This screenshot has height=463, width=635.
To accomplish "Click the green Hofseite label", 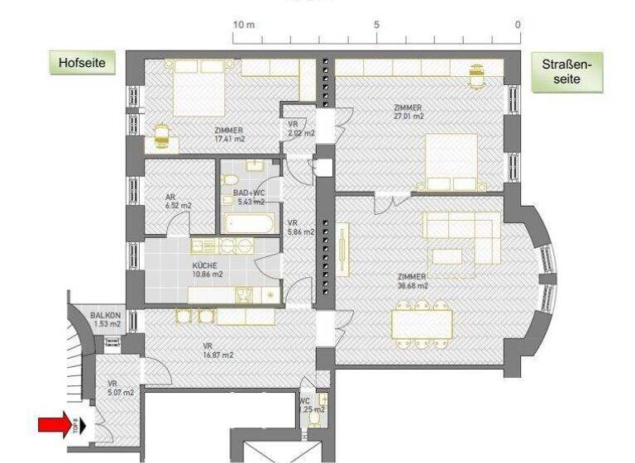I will click(x=82, y=63).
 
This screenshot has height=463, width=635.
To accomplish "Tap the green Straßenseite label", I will click(x=567, y=72).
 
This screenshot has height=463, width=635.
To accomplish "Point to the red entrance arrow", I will click(x=55, y=425).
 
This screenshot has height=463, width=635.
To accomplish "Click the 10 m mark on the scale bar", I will click(x=243, y=25).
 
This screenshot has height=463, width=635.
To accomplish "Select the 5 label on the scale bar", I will click(x=376, y=25).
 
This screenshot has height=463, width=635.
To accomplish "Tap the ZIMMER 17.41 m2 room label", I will click(x=228, y=135).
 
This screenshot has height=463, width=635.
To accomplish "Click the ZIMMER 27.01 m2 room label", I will click(x=408, y=112).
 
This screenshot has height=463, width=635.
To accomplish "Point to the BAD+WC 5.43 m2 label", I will click(x=248, y=197).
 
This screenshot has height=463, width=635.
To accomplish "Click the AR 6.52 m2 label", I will click(x=174, y=201).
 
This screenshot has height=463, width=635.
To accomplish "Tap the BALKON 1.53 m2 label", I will click(x=106, y=320).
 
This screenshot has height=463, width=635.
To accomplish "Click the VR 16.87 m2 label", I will click(x=217, y=351).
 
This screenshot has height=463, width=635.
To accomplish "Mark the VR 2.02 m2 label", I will click(x=300, y=129).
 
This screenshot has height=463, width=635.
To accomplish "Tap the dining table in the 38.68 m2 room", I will click(x=422, y=323).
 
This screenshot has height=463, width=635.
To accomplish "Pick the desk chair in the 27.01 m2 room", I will click(x=475, y=74).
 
